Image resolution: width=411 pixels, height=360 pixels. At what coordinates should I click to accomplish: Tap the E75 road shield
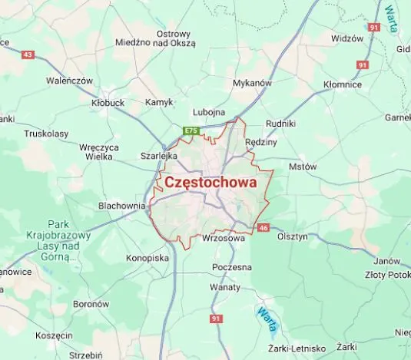click(192, 131)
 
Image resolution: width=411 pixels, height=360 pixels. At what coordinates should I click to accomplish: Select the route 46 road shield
click(264, 227)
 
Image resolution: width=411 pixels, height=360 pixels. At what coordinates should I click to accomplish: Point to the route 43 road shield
click(28, 54)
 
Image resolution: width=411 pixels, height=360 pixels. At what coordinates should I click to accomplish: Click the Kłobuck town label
click(108, 102)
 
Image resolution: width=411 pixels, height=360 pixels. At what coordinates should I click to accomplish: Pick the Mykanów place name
click(252, 82)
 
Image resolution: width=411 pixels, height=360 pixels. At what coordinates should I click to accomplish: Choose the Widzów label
click(346, 38)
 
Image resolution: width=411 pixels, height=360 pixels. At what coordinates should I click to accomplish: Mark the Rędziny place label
click(260, 142)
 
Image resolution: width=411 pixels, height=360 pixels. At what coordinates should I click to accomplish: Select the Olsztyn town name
click(292, 236)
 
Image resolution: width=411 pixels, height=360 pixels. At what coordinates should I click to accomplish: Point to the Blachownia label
click(121, 206)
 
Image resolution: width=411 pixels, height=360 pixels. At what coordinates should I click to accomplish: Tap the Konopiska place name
click(147, 258)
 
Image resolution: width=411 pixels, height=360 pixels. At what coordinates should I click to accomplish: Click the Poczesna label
click(232, 267)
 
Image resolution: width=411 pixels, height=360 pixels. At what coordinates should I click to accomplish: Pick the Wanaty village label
click(225, 287)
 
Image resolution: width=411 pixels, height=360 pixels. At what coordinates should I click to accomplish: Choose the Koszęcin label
click(54, 335)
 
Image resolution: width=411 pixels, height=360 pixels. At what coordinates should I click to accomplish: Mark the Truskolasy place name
click(46, 133)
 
